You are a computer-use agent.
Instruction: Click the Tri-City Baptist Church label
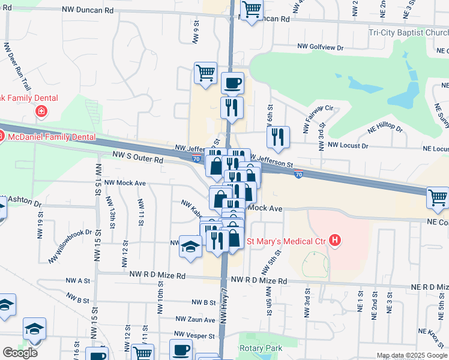tap(409, 33)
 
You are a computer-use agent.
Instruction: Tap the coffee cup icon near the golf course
tap(232, 83)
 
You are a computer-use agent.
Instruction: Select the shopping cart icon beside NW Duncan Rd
tap(252, 9)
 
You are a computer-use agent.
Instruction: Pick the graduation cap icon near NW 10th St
tap(191, 247)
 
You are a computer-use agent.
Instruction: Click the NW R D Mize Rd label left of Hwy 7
tap(157, 275)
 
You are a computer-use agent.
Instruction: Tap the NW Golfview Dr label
tap(321, 46)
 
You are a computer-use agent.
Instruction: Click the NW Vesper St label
tap(194, 334)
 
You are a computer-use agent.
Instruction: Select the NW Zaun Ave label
tap(195, 319)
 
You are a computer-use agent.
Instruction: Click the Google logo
tap(20, 353)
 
